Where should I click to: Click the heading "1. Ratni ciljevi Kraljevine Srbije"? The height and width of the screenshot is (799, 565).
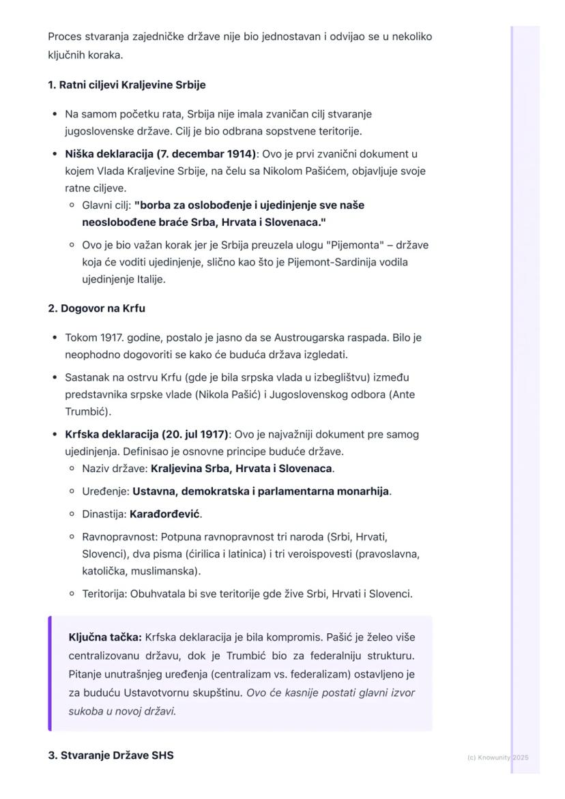tap(126, 85)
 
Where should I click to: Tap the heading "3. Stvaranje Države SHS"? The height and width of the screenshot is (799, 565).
tap(111, 755)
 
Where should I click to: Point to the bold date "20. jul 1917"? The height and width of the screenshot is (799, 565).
tap(194, 435)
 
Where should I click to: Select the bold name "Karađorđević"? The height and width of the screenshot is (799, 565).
tap(164, 514)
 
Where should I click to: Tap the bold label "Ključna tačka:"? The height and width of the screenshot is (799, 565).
tap(105, 637)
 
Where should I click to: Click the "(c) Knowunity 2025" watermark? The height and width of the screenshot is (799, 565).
tap(498, 757)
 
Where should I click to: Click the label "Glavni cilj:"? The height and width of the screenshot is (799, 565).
tap(106, 205)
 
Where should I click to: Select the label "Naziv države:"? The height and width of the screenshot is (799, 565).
tap(115, 469)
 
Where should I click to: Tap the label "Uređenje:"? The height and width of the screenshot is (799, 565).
tap(106, 491)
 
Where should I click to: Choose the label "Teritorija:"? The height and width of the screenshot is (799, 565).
tap(104, 594)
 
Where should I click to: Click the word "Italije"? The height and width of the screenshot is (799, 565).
tap(150, 279)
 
